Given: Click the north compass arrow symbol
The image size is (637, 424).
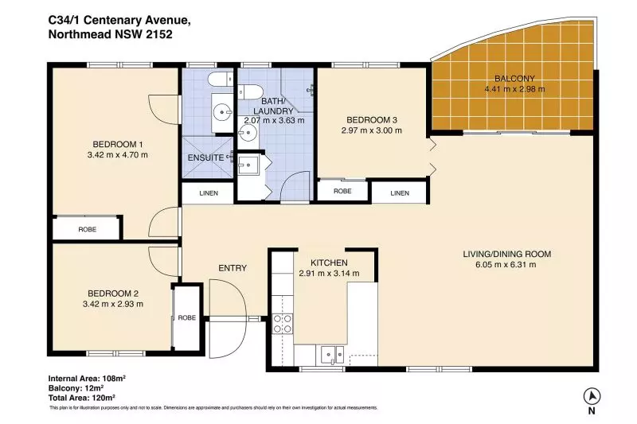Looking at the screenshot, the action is point(592,396).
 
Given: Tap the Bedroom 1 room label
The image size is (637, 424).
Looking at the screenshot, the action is point(117,144).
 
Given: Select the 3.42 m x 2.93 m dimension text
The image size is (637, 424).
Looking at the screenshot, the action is point(113,304).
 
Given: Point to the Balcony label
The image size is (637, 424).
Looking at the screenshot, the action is point(514,78).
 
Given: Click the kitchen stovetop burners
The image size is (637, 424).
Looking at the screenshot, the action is point(283,324).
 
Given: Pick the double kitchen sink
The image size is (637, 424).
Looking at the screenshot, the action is point(332,355).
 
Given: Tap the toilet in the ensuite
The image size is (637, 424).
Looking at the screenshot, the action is point(221,79).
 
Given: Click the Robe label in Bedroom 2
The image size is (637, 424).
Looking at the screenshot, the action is point(187,317).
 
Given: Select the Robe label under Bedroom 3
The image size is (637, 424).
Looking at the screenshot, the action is point(342,191).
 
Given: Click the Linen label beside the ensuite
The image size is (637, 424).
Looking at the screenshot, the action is point(209,193).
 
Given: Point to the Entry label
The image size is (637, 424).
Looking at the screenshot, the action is point(233,268).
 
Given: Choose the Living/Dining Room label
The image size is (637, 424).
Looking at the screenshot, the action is point(507,254).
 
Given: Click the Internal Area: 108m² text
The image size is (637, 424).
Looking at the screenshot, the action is point(87,379).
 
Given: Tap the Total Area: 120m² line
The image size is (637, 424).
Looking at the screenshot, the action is point(82,397).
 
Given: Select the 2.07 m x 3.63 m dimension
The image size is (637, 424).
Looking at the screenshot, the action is point(274,120).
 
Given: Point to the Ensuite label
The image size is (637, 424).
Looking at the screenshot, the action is point(205,158).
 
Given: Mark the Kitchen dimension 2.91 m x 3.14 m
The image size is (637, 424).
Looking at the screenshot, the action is point(329,274).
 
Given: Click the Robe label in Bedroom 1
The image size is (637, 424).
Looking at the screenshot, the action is point(88,229).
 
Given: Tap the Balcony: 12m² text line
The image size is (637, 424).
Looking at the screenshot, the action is point(76,388).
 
